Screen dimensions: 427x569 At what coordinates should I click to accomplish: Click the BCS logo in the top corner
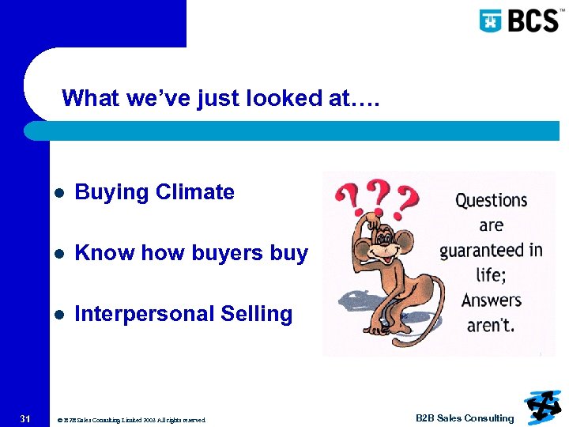(x=518, y=20)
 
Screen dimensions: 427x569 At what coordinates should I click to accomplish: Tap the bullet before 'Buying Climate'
(x=58, y=193)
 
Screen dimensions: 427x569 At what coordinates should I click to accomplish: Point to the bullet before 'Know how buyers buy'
(x=58, y=254)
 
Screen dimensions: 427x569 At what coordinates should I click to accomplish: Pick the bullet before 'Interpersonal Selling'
(x=58, y=315)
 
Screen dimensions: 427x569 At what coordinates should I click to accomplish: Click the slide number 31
(x=24, y=418)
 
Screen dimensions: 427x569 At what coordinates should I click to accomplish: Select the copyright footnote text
(x=132, y=420)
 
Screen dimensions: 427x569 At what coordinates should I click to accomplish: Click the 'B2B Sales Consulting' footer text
(x=465, y=418)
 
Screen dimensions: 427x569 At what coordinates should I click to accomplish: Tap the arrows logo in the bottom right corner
(x=541, y=406)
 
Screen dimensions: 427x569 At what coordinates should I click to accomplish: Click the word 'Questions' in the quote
(x=491, y=200)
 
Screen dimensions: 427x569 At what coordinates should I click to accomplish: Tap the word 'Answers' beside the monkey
(x=492, y=300)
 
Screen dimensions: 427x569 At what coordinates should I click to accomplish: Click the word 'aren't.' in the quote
(x=492, y=326)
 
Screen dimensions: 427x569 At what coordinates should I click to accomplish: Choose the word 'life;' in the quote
(x=492, y=276)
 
